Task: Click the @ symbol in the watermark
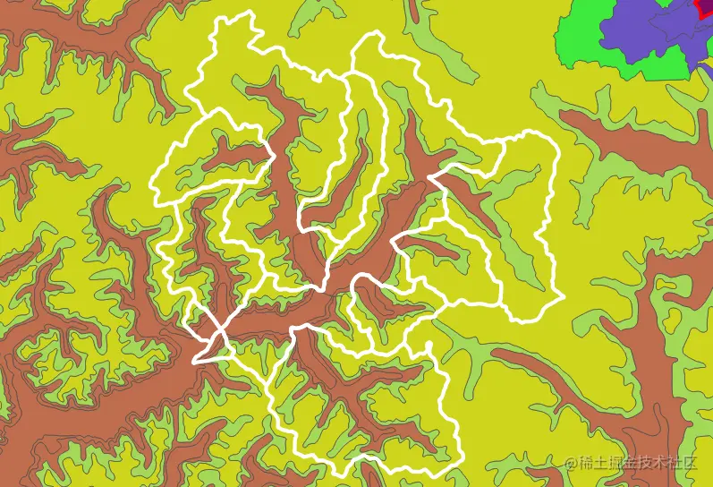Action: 572,463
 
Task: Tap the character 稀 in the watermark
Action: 587,463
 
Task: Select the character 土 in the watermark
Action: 603,463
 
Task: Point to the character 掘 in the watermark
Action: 619,463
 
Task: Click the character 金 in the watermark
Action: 635,463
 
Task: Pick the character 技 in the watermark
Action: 651,463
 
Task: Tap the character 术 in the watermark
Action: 666,463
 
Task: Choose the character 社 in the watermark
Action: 683,463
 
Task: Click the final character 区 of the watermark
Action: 698,463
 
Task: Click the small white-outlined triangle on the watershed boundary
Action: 207,351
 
